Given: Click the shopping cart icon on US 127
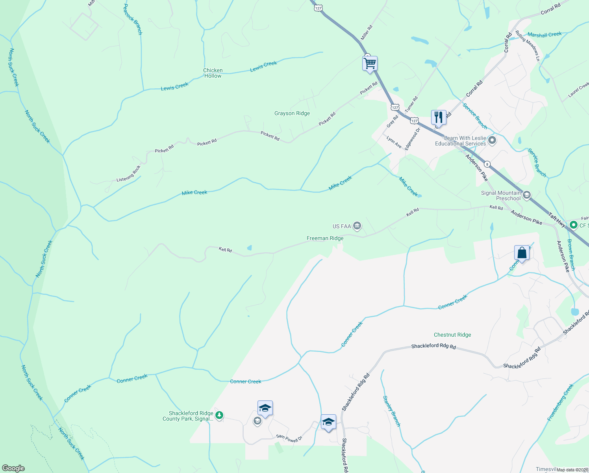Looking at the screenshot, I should point(370,63).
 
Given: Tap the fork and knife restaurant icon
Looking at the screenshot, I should point(438,117).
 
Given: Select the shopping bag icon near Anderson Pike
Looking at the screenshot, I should point(522,253).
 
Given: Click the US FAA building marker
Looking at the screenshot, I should point(357,226).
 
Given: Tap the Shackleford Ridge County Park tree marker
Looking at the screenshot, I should point(219,415).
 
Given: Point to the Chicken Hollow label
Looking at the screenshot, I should point(213,73).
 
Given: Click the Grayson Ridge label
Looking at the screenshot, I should point(292,113).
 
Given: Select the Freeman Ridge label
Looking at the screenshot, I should point(325,238).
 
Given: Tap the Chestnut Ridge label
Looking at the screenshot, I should point(452,335).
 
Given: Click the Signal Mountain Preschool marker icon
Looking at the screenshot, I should point(527,195).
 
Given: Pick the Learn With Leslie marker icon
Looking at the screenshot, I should point(492,140).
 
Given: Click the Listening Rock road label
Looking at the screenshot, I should point(128,174).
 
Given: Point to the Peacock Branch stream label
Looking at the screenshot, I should point(133,19).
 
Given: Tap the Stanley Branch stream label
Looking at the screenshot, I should point(392,411).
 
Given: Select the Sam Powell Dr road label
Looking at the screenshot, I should point(289,438).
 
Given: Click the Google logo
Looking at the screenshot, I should point(13,468).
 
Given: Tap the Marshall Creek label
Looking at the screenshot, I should point(545,35).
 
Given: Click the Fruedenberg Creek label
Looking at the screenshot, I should point(561,402).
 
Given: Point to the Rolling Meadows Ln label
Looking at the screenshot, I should point(528,46).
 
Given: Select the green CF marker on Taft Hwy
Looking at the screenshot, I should point(573,225).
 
